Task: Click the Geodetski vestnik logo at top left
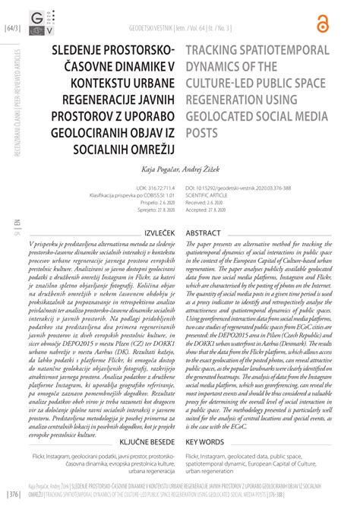40,21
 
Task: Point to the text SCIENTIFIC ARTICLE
208,193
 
